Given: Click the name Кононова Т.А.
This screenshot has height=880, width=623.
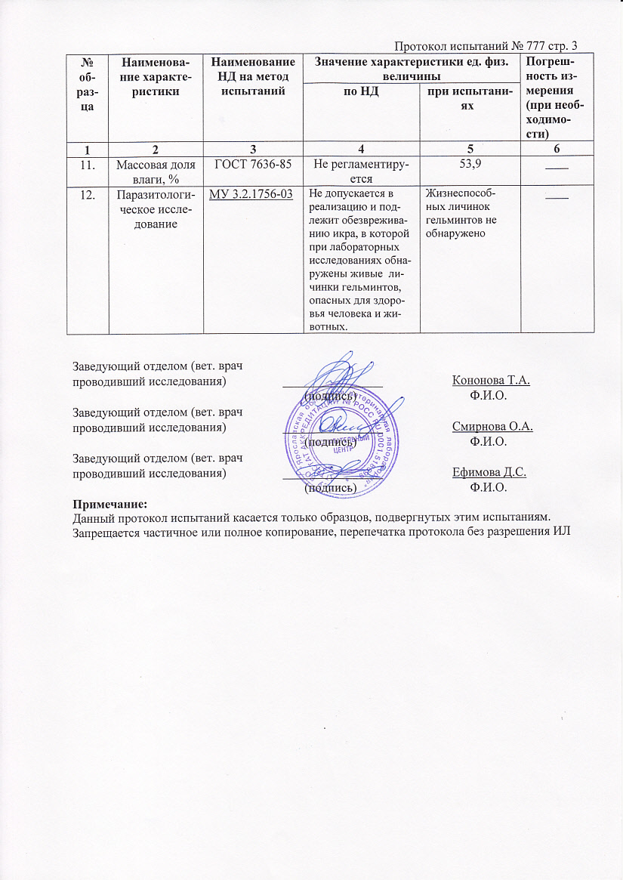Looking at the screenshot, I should [x=490, y=381].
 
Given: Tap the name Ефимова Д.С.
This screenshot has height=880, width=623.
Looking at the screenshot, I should [x=489, y=473].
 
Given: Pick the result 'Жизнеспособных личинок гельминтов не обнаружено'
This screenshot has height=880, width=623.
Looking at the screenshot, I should [x=461, y=213].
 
